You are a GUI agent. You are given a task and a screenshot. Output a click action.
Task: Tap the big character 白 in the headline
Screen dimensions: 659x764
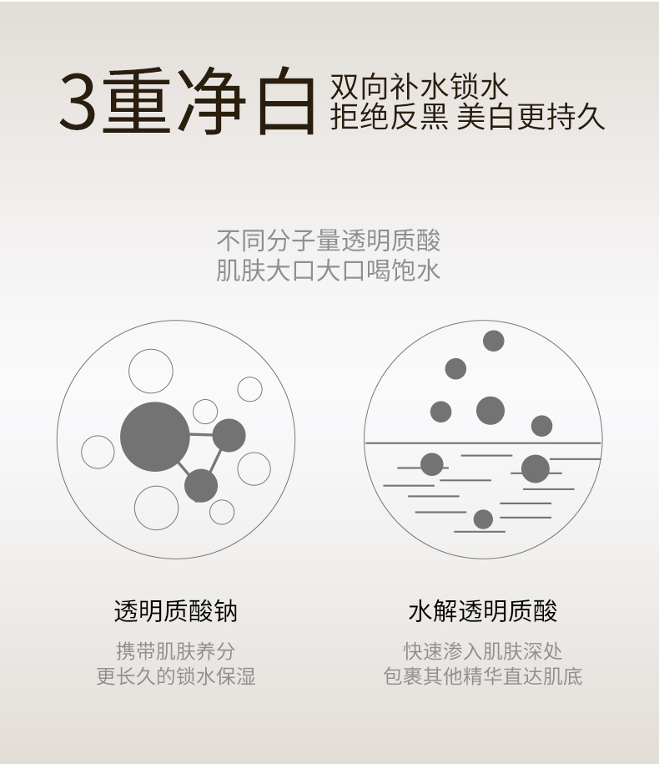point(285,100)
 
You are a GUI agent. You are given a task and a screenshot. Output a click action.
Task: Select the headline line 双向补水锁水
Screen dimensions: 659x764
point(419,87)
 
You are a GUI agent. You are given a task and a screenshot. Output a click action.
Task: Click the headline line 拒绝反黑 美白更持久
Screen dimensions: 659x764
point(467,117)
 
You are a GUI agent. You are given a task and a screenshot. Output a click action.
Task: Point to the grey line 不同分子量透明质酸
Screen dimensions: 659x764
point(329,240)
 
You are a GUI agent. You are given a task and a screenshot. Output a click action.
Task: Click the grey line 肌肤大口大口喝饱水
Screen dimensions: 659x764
point(329,271)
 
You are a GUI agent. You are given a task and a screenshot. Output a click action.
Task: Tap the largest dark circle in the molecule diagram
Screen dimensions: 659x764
point(155,437)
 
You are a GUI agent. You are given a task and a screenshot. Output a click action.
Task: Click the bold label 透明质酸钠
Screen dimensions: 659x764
point(176,611)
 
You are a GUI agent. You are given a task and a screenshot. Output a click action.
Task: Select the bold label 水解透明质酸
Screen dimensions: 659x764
point(483,611)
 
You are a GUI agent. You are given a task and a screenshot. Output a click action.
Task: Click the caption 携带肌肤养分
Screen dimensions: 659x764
point(176,651)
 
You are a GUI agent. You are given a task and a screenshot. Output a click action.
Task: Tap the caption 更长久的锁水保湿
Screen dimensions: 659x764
point(176,676)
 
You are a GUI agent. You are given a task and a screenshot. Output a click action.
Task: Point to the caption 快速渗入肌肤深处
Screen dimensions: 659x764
point(483,651)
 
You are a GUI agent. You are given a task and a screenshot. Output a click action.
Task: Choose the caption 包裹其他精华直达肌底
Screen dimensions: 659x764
point(483,676)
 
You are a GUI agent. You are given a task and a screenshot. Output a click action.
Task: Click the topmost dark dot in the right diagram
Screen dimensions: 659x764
point(494,341)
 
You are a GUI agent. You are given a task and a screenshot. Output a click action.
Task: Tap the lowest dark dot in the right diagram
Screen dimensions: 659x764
point(483,519)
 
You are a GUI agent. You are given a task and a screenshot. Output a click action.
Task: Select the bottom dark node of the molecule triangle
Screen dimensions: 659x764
point(201,486)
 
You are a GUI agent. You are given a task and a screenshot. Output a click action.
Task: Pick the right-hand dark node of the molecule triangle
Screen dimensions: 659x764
point(229,435)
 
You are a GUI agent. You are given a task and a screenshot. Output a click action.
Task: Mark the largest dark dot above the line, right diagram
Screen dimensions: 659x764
point(490,410)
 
